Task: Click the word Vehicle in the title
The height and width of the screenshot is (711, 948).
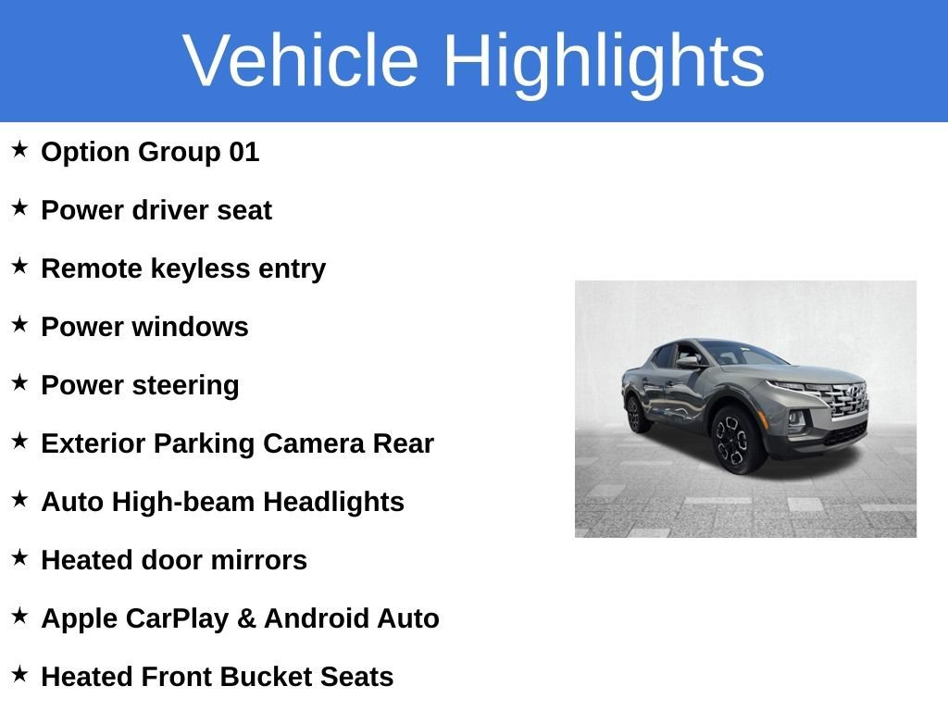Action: coord(301,60)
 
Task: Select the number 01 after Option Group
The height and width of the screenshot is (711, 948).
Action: coord(243,152)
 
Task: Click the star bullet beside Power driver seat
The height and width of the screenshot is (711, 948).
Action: coord(20,207)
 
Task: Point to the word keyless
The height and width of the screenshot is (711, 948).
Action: coord(200,269)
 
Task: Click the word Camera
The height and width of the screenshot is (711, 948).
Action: coord(314,443)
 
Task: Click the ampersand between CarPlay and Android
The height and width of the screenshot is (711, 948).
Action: coord(246,618)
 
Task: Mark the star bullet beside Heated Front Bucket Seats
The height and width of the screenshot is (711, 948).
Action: coord(20,674)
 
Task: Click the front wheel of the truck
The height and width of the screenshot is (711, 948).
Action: coord(736,439)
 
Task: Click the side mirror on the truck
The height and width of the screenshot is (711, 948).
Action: coord(689,363)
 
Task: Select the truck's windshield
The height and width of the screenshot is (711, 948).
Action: coord(747,353)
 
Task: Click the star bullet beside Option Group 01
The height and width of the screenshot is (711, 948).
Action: coord(20,149)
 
